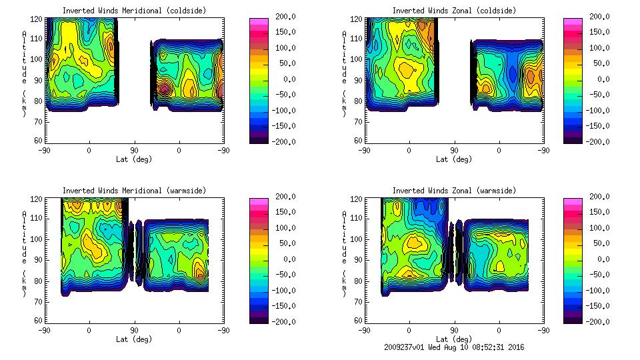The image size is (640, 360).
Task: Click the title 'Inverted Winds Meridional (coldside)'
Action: click(x=134, y=11)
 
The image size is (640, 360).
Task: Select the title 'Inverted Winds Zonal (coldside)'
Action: click(x=454, y=11)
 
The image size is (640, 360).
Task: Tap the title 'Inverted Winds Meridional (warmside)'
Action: click(x=134, y=191)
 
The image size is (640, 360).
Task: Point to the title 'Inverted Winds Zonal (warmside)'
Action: click(x=454, y=191)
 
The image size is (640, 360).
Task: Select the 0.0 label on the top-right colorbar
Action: click(x=603, y=79)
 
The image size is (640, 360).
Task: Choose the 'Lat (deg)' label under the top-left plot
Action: click(x=134, y=159)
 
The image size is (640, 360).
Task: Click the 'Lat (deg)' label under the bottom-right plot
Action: click(x=454, y=339)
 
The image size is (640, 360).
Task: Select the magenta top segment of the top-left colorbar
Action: click(x=259, y=21)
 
